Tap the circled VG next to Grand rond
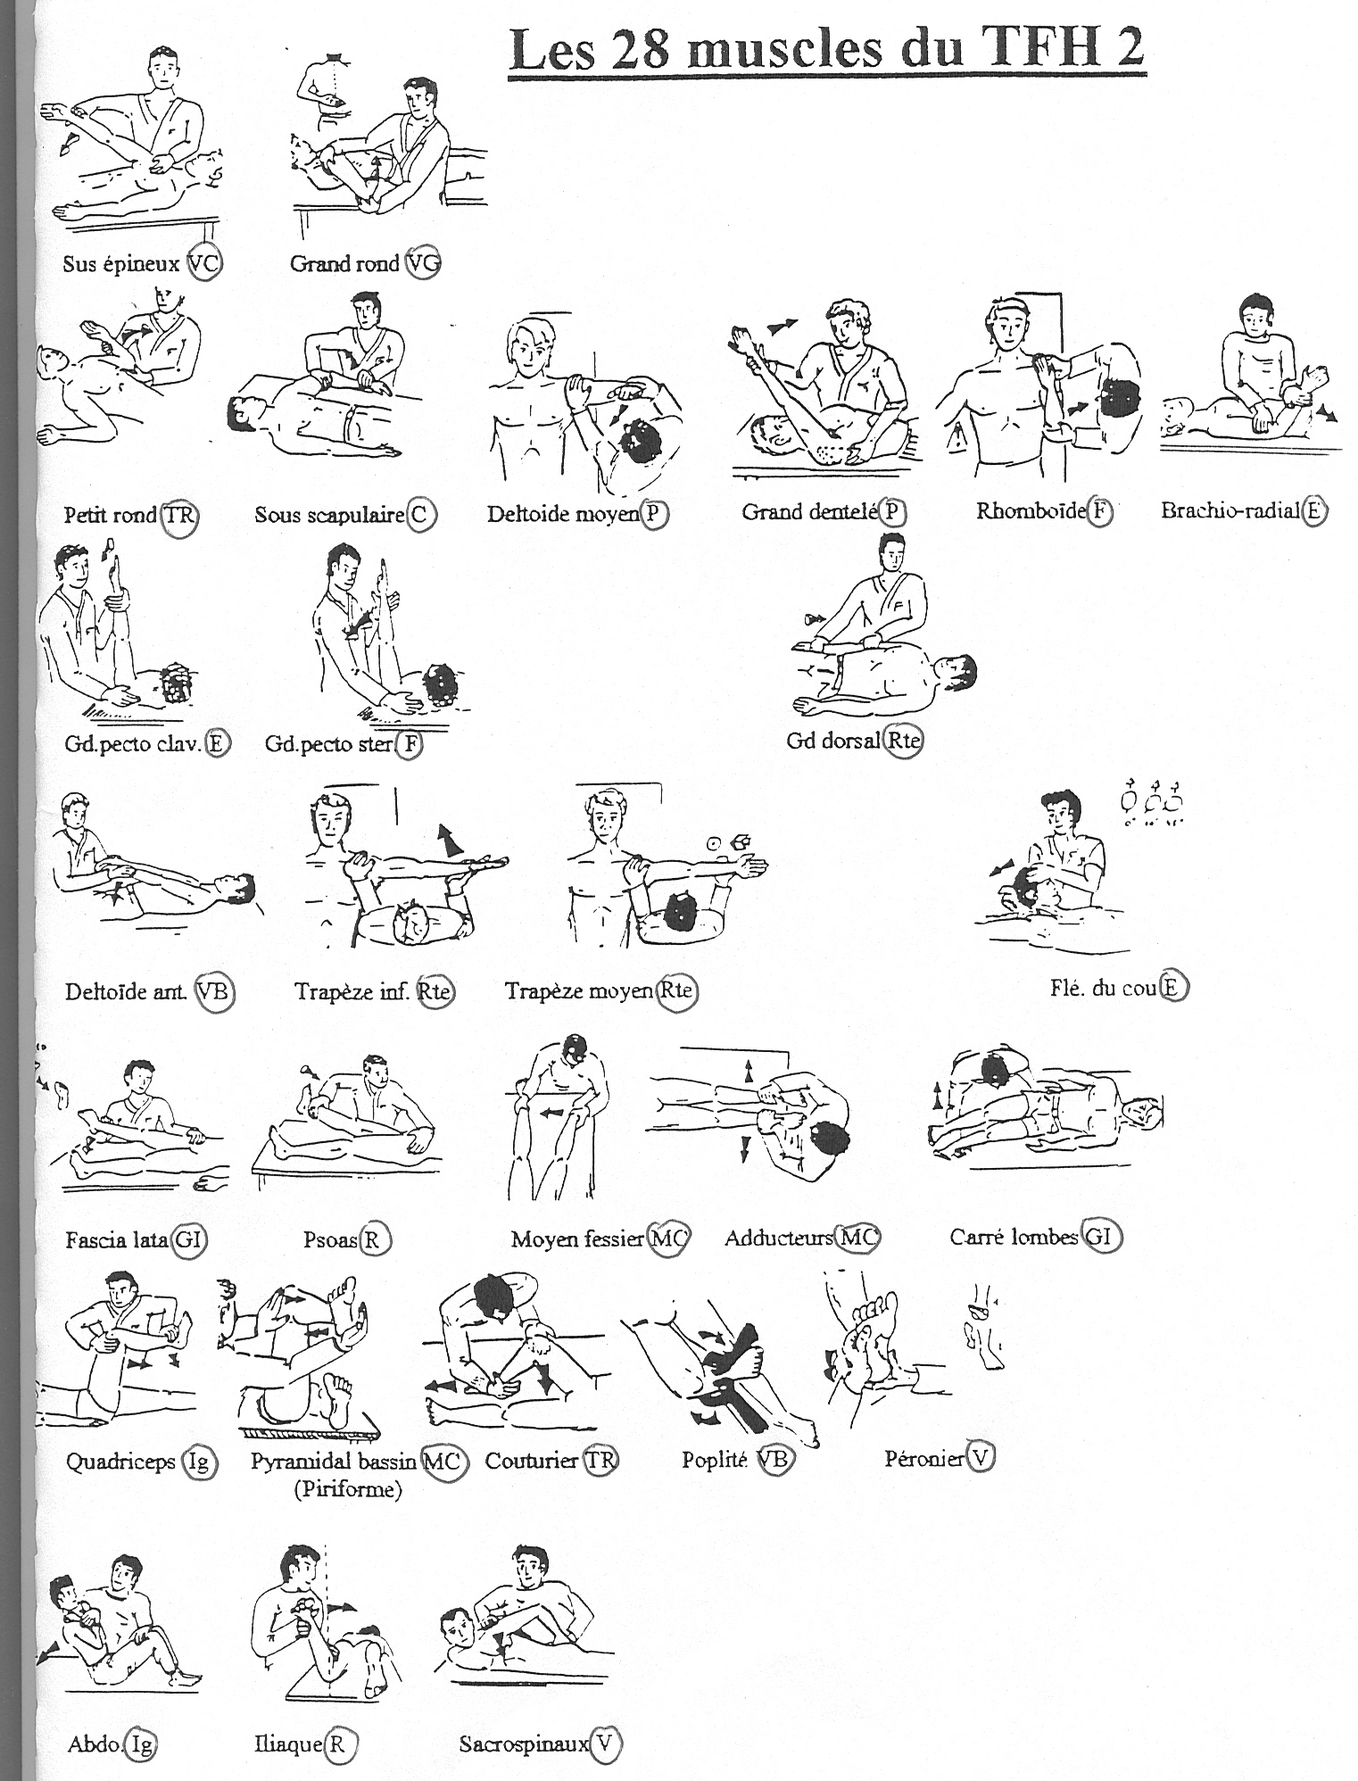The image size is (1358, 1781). [422, 263]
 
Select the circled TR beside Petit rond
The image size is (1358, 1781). [178, 516]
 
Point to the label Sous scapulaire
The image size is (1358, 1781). [329, 515]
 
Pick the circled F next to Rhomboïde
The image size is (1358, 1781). [1100, 511]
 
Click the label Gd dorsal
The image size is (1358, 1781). [833, 741]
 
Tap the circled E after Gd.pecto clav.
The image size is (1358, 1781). [217, 743]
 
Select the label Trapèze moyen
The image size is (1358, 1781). [579, 991]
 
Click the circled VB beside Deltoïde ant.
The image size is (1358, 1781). [214, 991]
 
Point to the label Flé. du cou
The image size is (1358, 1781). [1104, 988]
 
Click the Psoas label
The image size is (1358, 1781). [330, 1239]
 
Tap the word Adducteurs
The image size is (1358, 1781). [779, 1238]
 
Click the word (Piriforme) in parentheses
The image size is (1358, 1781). [348, 1489]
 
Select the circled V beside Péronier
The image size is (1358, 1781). [981, 1458]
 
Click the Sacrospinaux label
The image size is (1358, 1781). [525, 1744]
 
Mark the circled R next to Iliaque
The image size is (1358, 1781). [337, 1744]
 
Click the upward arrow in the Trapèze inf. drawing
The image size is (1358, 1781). [449, 841]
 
